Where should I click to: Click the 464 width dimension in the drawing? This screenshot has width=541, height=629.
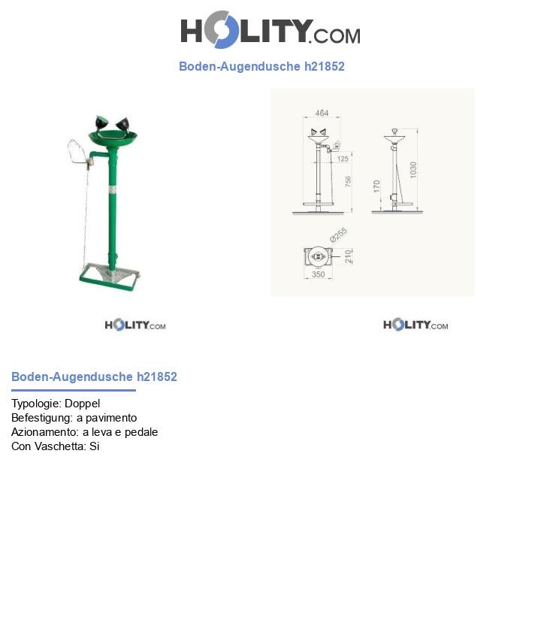point(322,113)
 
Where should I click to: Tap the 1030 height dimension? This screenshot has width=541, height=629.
point(413,169)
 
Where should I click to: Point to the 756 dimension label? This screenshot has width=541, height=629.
point(348,183)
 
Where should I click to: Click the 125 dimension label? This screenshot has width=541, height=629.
point(343,159)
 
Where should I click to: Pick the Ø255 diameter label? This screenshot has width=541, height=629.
point(338,235)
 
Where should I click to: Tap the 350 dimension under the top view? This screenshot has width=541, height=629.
point(318,274)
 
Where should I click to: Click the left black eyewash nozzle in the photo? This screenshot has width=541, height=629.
point(101,122)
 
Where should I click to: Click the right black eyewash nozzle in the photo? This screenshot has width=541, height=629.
point(122,122)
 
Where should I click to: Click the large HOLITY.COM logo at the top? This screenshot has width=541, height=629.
point(270,30)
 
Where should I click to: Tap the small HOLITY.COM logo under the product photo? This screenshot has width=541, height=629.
point(135,325)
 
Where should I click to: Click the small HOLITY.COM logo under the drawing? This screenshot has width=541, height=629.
point(415,325)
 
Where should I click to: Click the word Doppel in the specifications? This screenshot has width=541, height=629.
point(82,404)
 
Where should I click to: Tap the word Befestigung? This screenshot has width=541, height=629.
point(41,418)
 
